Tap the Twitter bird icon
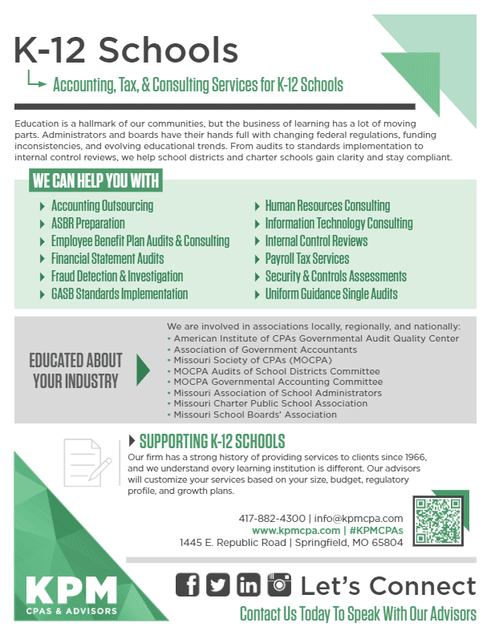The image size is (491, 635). (218, 585)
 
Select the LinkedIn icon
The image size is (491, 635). (249, 585)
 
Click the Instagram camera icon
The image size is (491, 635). (279, 585)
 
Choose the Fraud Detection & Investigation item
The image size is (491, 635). (116, 277)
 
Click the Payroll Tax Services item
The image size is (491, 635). (307, 259)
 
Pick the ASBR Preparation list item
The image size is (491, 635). (87, 224)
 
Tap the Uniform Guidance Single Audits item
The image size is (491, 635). (331, 294)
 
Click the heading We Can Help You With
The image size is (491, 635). (95, 181)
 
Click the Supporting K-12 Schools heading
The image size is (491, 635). (212, 442)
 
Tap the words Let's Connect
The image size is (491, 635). (388, 586)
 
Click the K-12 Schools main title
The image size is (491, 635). (127, 51)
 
